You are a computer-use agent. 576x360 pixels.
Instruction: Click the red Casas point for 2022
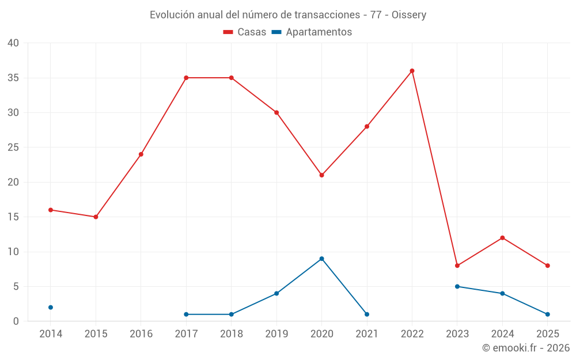[412, 71]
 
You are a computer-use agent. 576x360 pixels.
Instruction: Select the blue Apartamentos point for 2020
[321, 259]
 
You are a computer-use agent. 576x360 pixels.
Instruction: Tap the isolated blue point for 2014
[51, 308]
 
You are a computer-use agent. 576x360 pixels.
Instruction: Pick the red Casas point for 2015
[96, 217]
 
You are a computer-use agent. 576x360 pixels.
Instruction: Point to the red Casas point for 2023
[457, 266]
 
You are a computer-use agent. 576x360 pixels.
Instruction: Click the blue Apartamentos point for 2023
[457, 286]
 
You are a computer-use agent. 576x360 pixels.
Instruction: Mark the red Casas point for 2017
[186, 78]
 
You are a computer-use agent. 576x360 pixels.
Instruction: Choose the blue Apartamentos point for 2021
[367, 314]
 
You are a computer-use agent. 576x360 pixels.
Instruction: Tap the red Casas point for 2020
[321, 175]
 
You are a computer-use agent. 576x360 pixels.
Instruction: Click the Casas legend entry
[245, 32]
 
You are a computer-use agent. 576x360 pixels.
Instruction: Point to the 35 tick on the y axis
[13, 78]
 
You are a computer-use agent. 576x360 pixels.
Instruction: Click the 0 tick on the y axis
[16, 321]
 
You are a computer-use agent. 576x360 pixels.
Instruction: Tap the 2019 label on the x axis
[276, 334]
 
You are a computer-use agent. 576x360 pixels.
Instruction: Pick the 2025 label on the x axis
[547, 334]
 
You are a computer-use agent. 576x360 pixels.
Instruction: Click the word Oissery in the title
[409, 15]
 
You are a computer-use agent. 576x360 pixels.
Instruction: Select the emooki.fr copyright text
[525, 348]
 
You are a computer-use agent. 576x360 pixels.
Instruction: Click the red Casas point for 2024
[502, 238]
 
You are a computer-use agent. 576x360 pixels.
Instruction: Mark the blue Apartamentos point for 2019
[276, 294]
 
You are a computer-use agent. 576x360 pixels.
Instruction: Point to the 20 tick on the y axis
[13, 182]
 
